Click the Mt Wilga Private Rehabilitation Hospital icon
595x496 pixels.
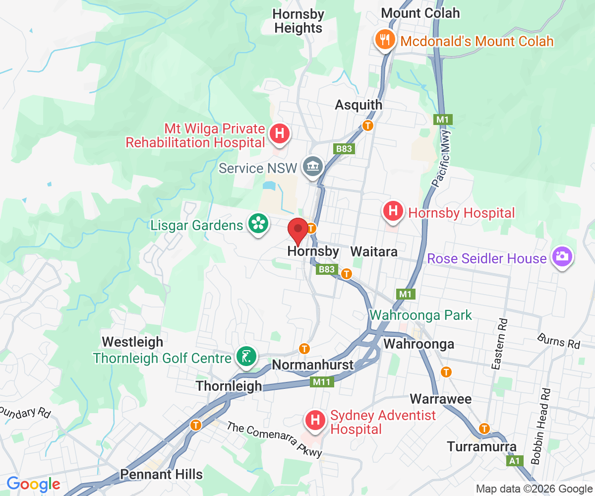[x=279, y=133]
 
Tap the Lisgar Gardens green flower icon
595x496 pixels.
[x=258, y=224]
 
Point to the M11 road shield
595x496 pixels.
[x=322, y=382]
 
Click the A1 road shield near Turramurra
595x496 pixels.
[x=515, y=461]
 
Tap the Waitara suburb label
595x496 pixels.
[x=374, y=251]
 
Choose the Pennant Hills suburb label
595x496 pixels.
[x=161, y=474]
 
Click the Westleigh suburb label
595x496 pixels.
[x=132, y=342]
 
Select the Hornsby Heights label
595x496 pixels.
[x=298, y=21]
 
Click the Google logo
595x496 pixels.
[x=33, y=484]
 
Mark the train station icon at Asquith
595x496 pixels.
[x=367, y=125]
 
